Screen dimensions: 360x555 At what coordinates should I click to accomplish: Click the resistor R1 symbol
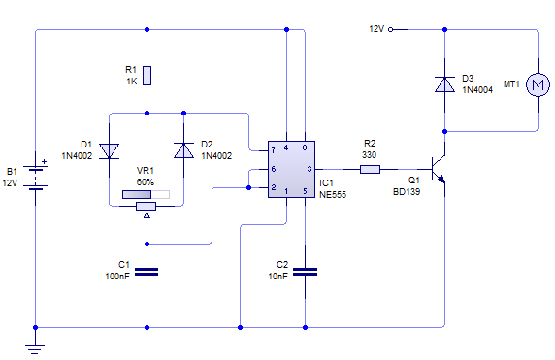pyautogui.click(x=147, y=75)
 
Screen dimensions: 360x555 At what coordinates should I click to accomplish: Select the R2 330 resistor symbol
pyautogui.click(x=370, y=169)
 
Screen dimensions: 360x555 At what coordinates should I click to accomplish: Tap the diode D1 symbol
pyautogui.click(x=108, y=150)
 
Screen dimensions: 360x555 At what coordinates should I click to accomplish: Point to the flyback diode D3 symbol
pyautogui.click(x=444, y=84)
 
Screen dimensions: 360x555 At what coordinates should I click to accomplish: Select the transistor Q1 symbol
pyautogui.click(x=439, y=170)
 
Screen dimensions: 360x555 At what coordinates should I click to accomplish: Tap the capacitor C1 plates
pyautogui.click(x=147, y=272)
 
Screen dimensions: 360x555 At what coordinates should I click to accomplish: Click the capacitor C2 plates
pyautogui.click(x=306, y=272)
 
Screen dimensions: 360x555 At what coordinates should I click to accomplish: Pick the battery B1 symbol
pyautogui.click(x=36, y=176)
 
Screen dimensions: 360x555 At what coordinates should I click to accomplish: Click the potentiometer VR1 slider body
pyautogui.click(x=147, y=205)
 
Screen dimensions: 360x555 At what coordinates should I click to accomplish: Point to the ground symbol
pyautogui.click(x=36, y=346)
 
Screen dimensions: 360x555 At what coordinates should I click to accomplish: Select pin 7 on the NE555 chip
pyautogui.click(x=275, y=150)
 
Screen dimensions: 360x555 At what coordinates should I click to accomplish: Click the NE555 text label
pyautogui.click(x=333, y=194)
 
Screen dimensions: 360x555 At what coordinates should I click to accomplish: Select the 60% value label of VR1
pyautogui.click(x=146, y=181)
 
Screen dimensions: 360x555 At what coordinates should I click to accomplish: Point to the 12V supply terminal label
pyautogui.click(x=375, y=29)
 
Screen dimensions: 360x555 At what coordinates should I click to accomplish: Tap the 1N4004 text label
pyautogui.click(x=477, y=89)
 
